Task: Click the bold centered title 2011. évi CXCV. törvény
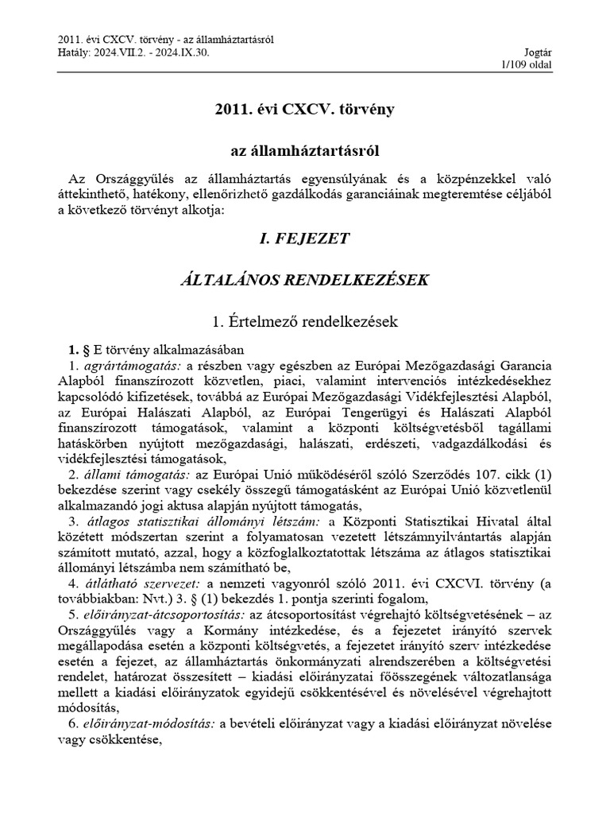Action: coord(305,107)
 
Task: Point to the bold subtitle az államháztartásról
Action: coord(305,149)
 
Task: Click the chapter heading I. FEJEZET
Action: coord(305,238)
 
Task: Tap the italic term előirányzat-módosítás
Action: coord(147,725)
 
